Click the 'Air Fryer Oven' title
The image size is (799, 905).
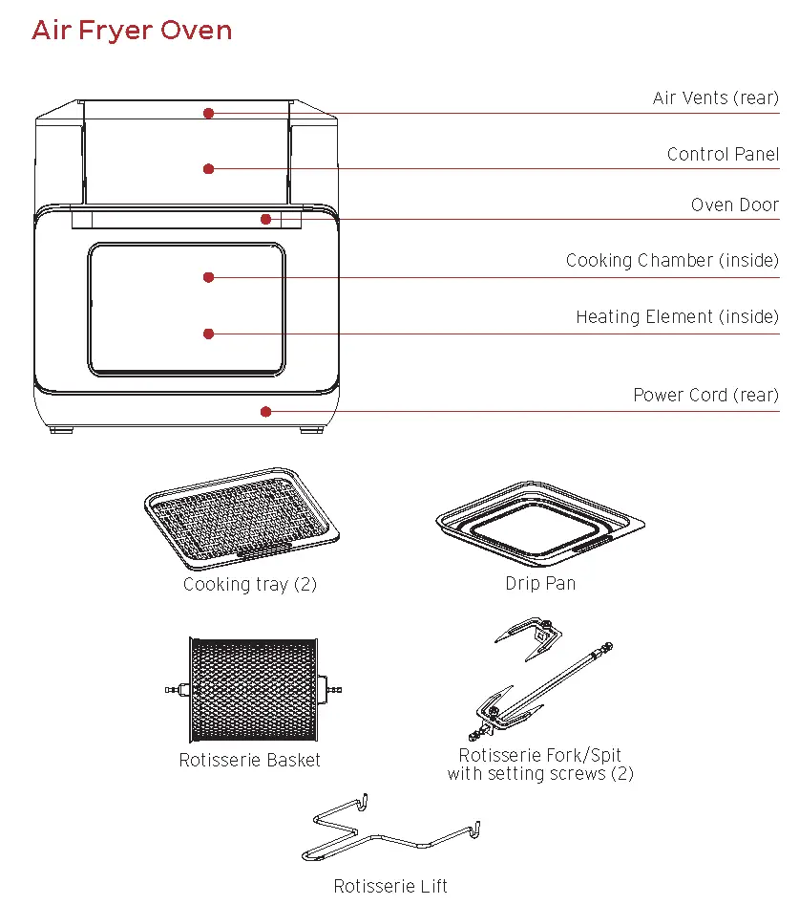tap(132, 30)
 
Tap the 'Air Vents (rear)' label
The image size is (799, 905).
tap(715, 98)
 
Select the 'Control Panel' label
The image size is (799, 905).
tap(723, 155)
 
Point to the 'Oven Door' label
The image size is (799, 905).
tap(734, 205)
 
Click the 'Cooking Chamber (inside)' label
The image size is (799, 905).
tap(672, 261)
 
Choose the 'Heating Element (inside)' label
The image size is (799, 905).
tap(677, 317)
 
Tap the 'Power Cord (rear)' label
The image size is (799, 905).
tap(705, 396)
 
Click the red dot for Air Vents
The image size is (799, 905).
tap(208, 113)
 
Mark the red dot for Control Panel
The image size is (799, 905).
tap(208, 169)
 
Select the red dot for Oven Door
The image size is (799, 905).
tap(266, 219)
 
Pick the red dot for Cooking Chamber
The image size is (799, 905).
tap(208, 277)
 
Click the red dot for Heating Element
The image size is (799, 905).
tap(208, 334)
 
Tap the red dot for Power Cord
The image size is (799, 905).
tap(266, 412)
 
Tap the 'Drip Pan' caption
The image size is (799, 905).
tap(540, 584)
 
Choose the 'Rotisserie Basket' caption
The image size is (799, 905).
tap(250, 761)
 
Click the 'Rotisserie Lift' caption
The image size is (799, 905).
tap(390, 887)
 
